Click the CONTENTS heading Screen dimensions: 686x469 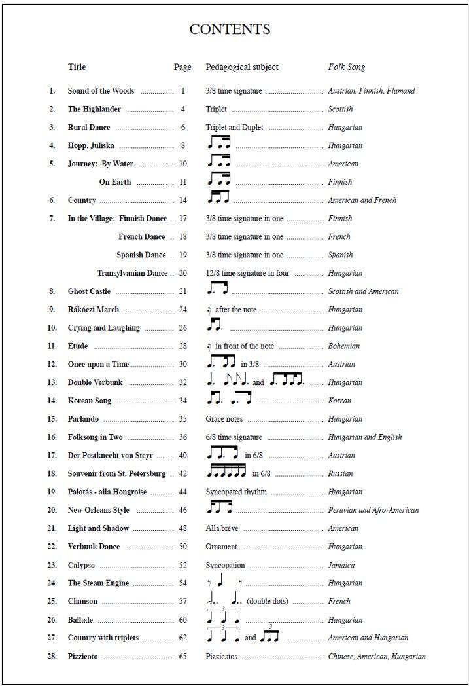point(230,29)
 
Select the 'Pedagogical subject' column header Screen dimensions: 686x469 point(241,67)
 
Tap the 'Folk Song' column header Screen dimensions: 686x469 point(346,67)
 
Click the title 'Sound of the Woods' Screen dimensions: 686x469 point(101,91)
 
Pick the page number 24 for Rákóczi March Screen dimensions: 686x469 point(182,310)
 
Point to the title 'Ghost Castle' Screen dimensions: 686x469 point(89,291)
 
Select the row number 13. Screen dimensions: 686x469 point(52,382)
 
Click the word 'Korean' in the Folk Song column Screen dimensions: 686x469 point(339,401)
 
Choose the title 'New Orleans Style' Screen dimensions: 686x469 point(99,510)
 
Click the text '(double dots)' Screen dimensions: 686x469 point(267,601)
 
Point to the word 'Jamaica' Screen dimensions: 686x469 point(341,565)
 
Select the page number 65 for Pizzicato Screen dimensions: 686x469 point(182,656)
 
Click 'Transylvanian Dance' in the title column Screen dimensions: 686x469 point(132,273)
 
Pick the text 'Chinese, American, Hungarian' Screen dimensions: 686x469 point(376,656)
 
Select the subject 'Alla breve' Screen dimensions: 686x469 point(222,528)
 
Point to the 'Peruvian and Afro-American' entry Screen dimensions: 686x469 point(373,510)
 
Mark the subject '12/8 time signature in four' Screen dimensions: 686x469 point(247,273)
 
